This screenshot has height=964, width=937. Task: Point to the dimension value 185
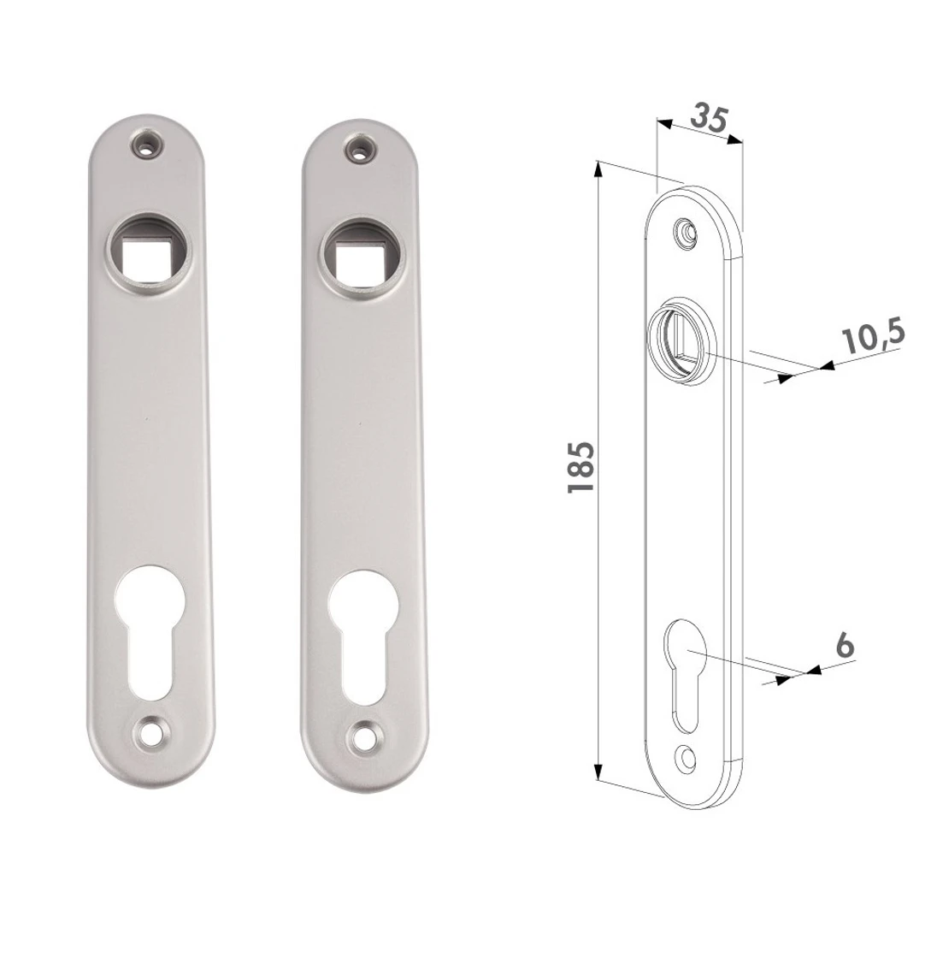point(581,467)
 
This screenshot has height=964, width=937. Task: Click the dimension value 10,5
point(873,339)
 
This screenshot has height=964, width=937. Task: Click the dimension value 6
point(845,646)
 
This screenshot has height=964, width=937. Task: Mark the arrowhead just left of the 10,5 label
point(825,367)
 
